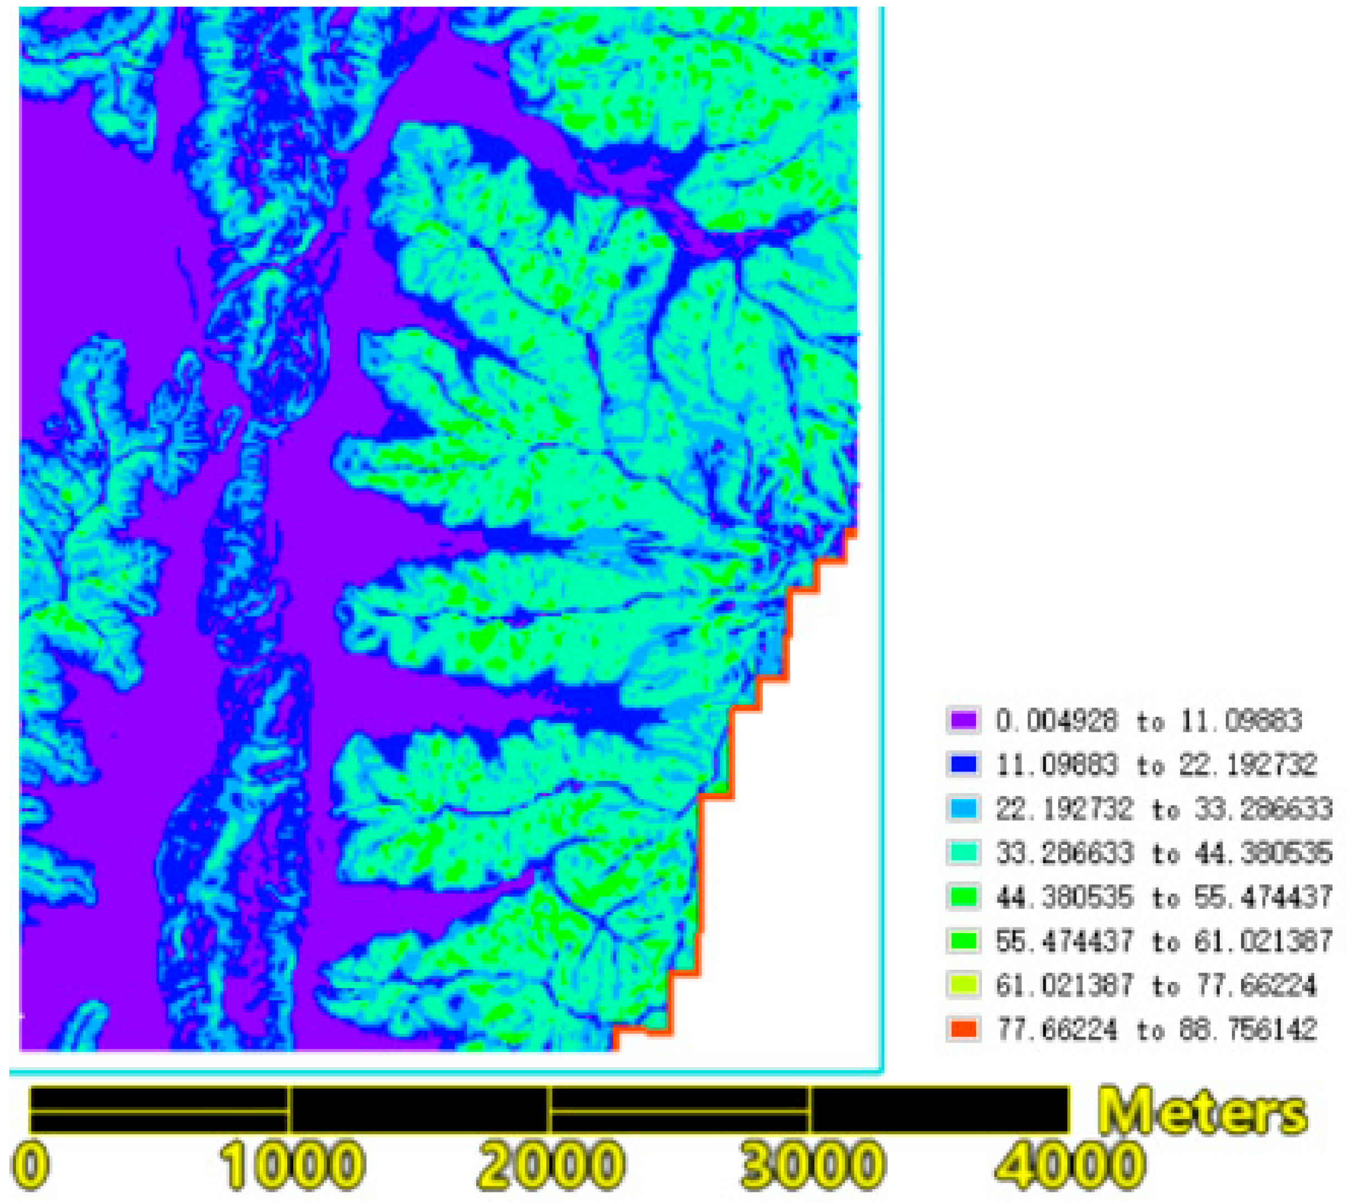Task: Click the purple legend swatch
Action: [962, 720]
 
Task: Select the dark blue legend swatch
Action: [962, 764]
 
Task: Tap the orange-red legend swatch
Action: [962, 1029]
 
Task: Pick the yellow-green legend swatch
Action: [962, 985]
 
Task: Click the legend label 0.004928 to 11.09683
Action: [1149, 720]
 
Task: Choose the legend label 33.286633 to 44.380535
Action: [1164, 853]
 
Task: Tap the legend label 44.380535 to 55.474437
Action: [1164, 897]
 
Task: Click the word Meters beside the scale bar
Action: [1203, 1112]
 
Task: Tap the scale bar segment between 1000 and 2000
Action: [420, 1110]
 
